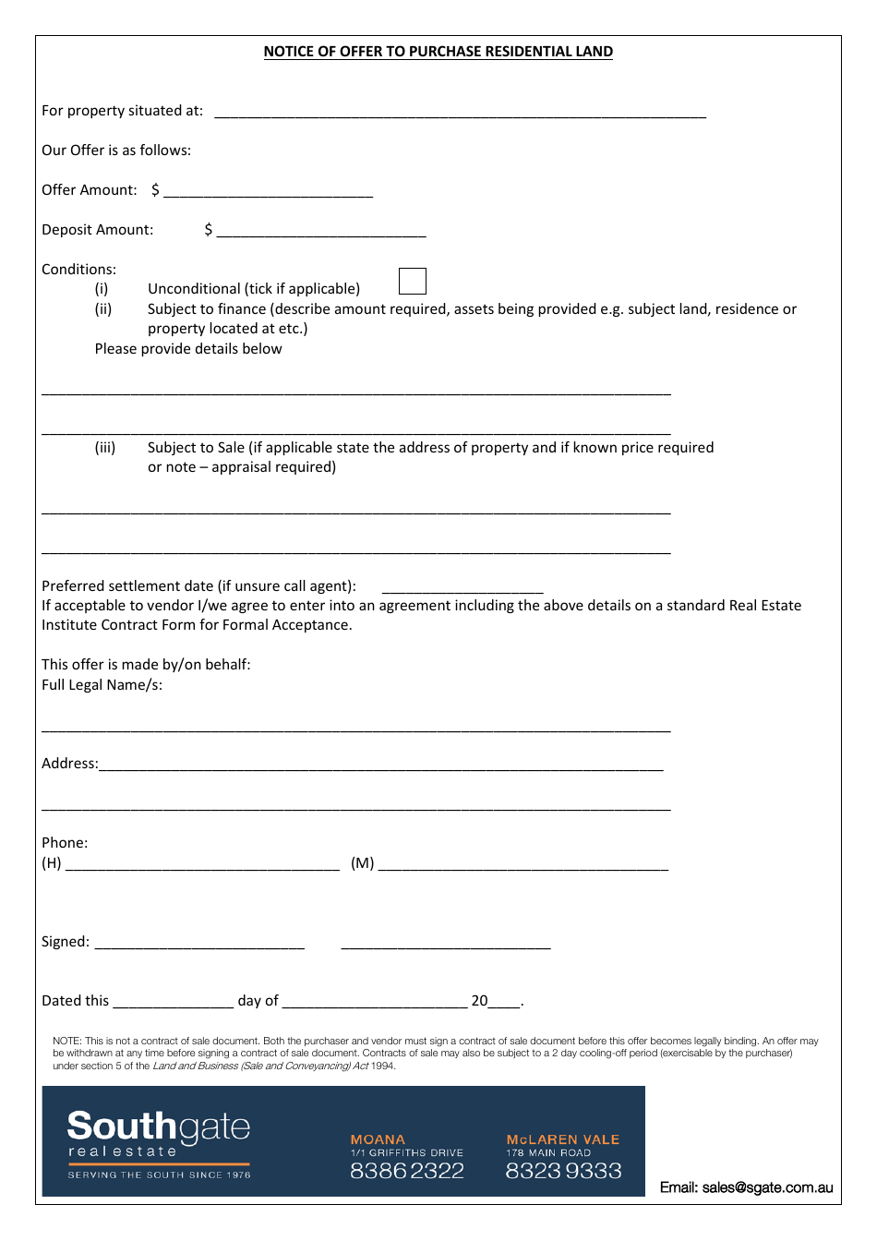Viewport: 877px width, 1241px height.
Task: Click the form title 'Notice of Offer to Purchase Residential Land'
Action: tap(438, 52)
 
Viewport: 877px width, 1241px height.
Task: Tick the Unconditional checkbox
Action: tap(412, 282)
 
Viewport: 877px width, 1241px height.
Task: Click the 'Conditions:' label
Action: tap(79, 270)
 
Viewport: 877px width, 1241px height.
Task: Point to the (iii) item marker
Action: tap(105, 448)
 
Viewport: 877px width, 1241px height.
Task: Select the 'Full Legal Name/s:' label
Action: tap(102, 685)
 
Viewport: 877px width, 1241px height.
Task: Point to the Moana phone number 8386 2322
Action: tap(407, 1171)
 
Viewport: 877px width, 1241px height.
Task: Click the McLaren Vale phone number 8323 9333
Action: tap(563, 1171)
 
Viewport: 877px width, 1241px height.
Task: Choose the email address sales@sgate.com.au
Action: tap(746, 1187)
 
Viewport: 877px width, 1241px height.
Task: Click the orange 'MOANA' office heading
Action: tap(378, 1139)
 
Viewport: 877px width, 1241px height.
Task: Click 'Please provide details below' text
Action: tap(188, 349)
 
